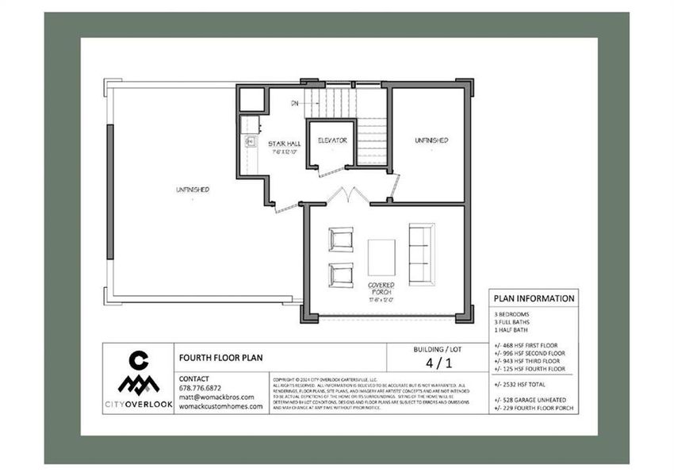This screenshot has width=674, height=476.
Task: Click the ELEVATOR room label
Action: (332, 140)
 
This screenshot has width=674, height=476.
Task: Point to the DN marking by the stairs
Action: (294, 103)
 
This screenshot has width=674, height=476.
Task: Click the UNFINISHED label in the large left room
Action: (193, 190)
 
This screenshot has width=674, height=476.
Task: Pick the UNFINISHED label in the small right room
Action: (431, 140)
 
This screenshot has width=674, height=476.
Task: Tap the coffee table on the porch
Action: (381, 257)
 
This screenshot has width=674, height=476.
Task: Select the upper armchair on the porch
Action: (340, 239)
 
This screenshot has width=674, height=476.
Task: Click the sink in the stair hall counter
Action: (249, 142)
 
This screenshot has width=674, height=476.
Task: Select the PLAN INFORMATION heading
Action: (534, 299)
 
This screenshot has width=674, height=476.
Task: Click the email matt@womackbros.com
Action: (216, 397)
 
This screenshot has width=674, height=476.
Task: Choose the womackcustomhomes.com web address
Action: (221, 406)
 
